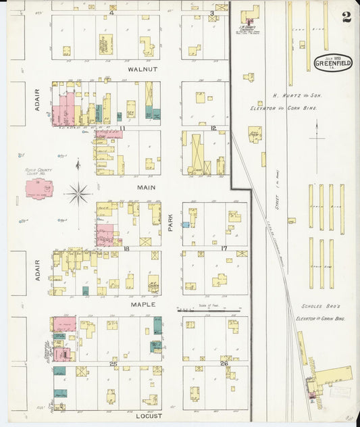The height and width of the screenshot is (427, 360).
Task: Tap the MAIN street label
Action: click(x=147, y=187)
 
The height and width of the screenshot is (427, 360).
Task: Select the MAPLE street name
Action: click(x=143, y=304)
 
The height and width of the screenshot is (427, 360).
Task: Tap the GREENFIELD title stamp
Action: click(x=332, y=63)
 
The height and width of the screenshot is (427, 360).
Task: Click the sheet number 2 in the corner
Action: click(x=346, y=18)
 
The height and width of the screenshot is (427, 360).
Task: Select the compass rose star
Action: click(x=78, y=195)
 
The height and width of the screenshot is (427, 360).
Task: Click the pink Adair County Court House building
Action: click(x=39, y=189)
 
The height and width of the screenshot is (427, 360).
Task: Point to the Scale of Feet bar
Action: click(x=207, y=311)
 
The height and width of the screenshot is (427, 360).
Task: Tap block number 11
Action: click(x=122, y=128)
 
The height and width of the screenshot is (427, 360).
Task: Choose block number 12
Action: click(x=213, y=128)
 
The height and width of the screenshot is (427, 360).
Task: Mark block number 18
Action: click(x=126, y=249)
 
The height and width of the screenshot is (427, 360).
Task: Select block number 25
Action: click(x=113, y=364)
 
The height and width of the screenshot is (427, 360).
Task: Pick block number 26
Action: click(x=224, y=364)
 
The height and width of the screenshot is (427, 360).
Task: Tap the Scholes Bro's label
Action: click(x=315, y=304)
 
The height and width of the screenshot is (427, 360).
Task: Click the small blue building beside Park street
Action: click(x=185, y=224)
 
